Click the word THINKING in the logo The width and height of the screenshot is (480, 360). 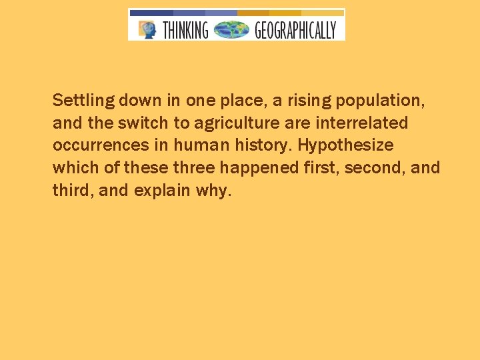[x=185, y=30]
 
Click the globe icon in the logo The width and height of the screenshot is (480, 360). [x=231, y=30]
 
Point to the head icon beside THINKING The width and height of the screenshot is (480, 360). [x=147, y=29]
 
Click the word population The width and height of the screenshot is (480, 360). [x=381, y=101]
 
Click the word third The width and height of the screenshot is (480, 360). [x=72, y=190]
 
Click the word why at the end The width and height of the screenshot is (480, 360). [x=213, y=191]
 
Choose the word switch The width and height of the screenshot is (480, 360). [x=146, y=123]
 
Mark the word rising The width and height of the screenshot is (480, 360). [x=310, y=101]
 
